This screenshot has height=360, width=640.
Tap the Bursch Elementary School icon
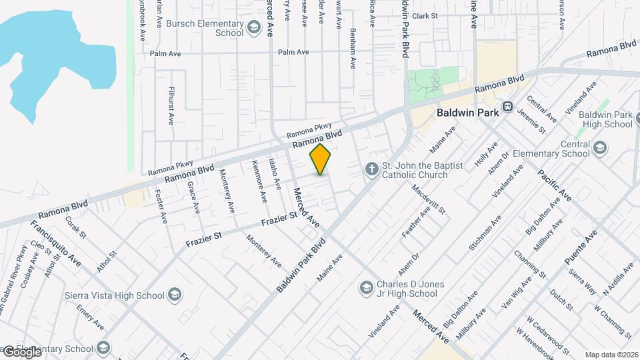click(x=253, y=27)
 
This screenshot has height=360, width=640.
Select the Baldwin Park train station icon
click(x=508, y=106)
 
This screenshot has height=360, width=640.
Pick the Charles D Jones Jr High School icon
click(x=365, y=288)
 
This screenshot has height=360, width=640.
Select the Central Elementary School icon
click(x=600, y=148)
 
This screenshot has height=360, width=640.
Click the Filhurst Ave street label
click(x=171, y=105)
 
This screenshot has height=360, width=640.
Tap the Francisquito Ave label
click(x=57, y=244)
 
